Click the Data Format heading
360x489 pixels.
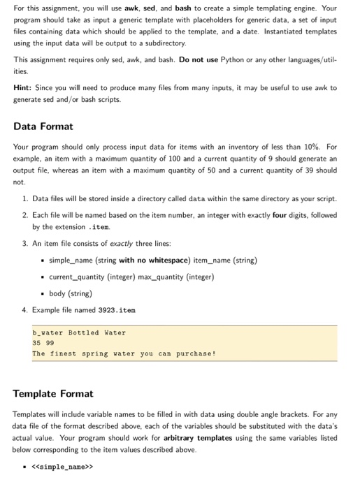click(43, 126)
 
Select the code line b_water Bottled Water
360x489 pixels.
click(79, 333)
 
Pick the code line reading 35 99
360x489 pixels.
click(43, 343)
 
